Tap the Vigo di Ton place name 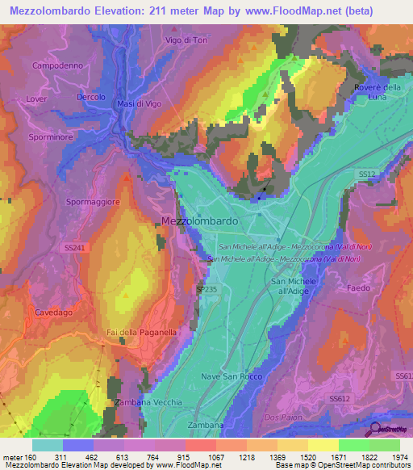(x=187, y=40)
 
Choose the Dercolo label (x=90, y=97)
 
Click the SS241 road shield (x=69, y=249)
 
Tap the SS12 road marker (x=368, y=174)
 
